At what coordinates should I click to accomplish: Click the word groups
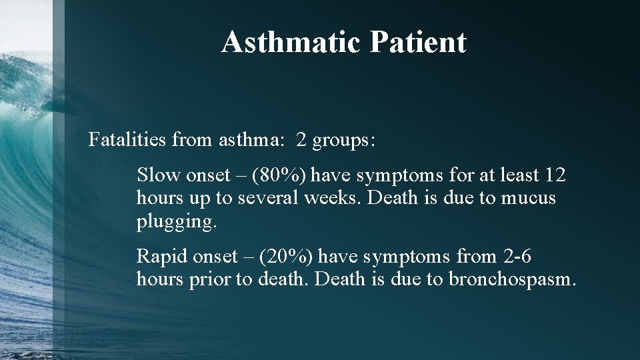coord(344,141)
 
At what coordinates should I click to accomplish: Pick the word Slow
coord(159,175)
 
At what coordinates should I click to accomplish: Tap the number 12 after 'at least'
coord(555,175)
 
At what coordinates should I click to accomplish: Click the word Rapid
coord(162,257)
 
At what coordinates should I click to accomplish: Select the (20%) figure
coord(287,257)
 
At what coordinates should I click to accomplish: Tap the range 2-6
coord(517,257)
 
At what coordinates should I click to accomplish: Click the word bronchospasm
coord(511,279)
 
